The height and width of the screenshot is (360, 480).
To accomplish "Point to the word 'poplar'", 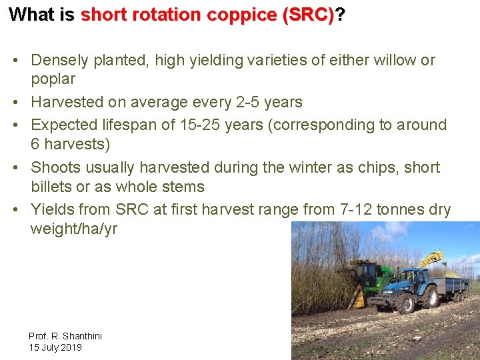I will tap(53, 79).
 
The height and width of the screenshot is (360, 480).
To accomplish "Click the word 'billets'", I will tap(52, 187).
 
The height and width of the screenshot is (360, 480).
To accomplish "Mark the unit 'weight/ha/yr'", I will tap(73, 229).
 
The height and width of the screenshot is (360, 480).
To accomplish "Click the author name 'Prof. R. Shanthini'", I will tap(65, 336).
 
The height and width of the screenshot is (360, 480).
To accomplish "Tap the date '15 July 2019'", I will tap(55, 347).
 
